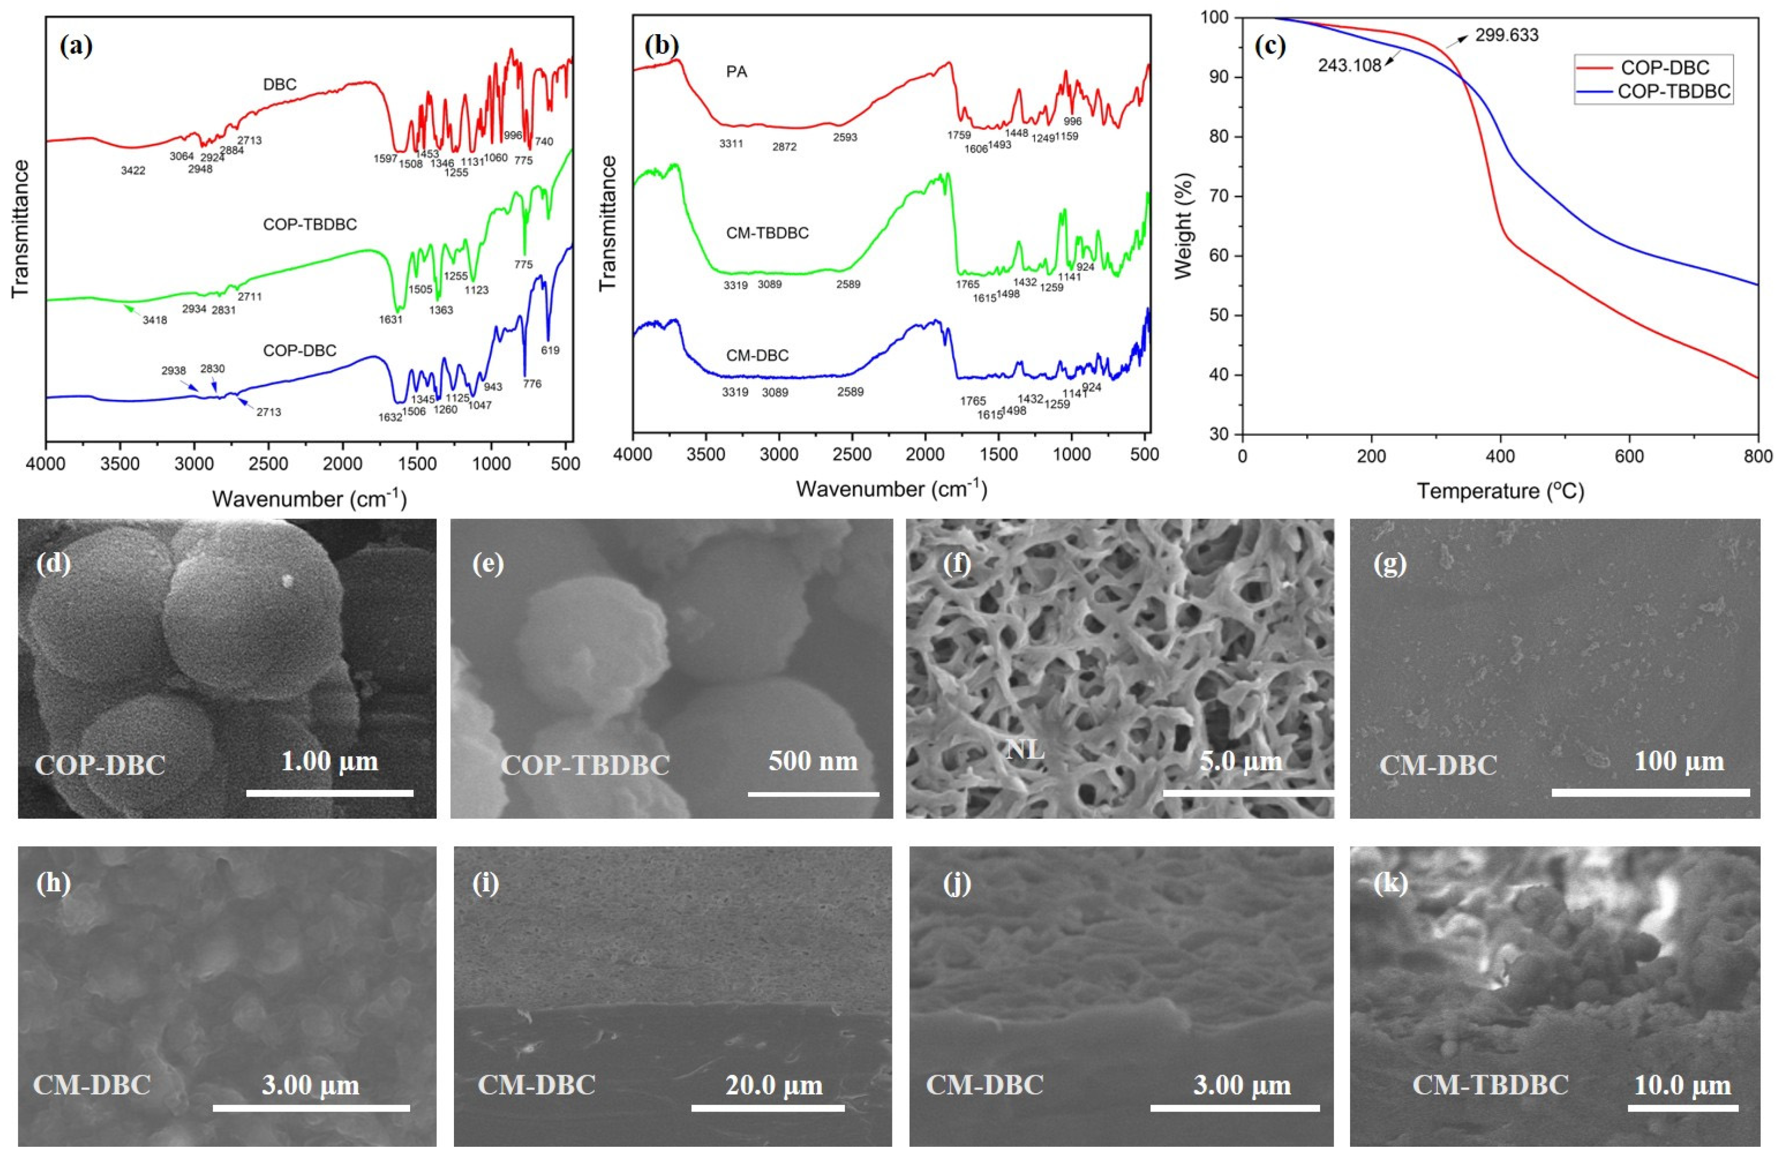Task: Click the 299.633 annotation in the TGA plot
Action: tap(1506, 35)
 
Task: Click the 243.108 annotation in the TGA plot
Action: tap(1349, 66)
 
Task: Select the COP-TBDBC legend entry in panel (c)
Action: tap(1674, 91)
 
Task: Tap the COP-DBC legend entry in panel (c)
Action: tap(1665, 68)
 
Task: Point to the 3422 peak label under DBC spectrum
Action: tap(133, 171)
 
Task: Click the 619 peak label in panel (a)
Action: tap(550, 350)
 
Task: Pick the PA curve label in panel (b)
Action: tap(737, 72)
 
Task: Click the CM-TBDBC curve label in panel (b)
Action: tap(767, 233)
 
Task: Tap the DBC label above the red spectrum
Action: tap(280, 84)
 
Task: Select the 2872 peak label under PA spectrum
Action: tap(784, 147)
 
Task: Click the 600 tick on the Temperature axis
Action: tap(1629, 457)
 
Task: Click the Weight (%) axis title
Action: tap(1183, 226)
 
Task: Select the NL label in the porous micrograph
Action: tap(1024, 749)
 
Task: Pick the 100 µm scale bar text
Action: tap(1679, 762)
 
